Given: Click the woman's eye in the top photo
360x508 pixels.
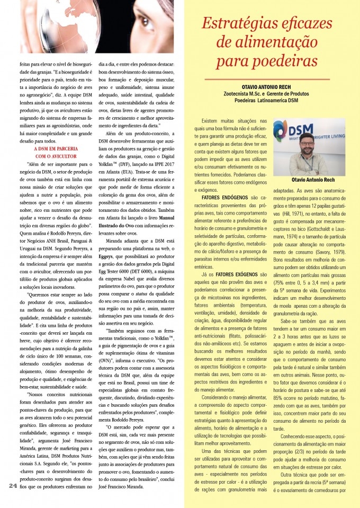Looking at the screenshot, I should pyautogui.click(x=148, y=24).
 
